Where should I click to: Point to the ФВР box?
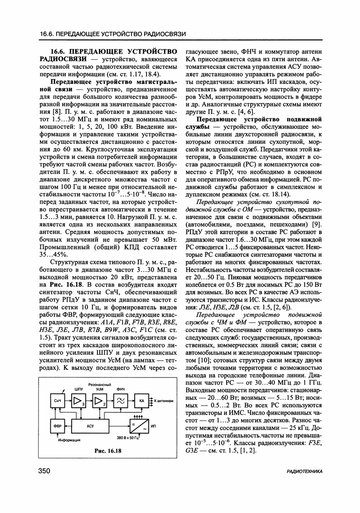pos(58,426)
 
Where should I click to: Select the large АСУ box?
pos(90,426)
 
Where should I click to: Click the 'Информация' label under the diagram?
pos(69,440)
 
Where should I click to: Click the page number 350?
pos(44,472)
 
